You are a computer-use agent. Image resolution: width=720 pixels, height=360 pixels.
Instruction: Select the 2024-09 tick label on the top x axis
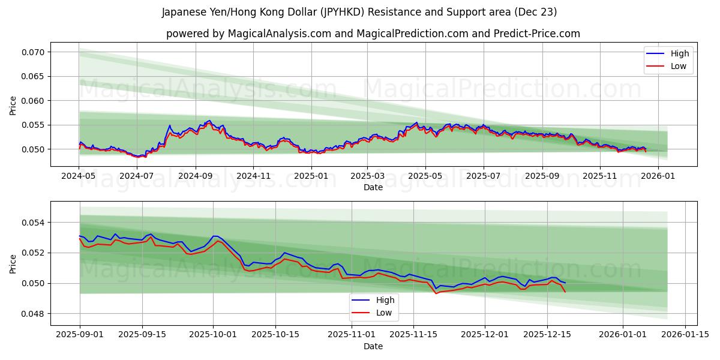click(x=195, y=176)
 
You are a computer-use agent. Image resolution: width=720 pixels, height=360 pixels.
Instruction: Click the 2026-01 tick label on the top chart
click(x=658, y=176)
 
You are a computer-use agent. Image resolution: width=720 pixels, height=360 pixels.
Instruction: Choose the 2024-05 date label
click(x=79, y=176)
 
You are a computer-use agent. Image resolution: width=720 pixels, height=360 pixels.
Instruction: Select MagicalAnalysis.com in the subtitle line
click(x=279, y=34)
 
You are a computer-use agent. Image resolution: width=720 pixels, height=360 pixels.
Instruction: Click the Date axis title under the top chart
click(x=373, y=187)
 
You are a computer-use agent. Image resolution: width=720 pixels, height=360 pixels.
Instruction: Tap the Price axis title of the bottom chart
click(x=13, y=263)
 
